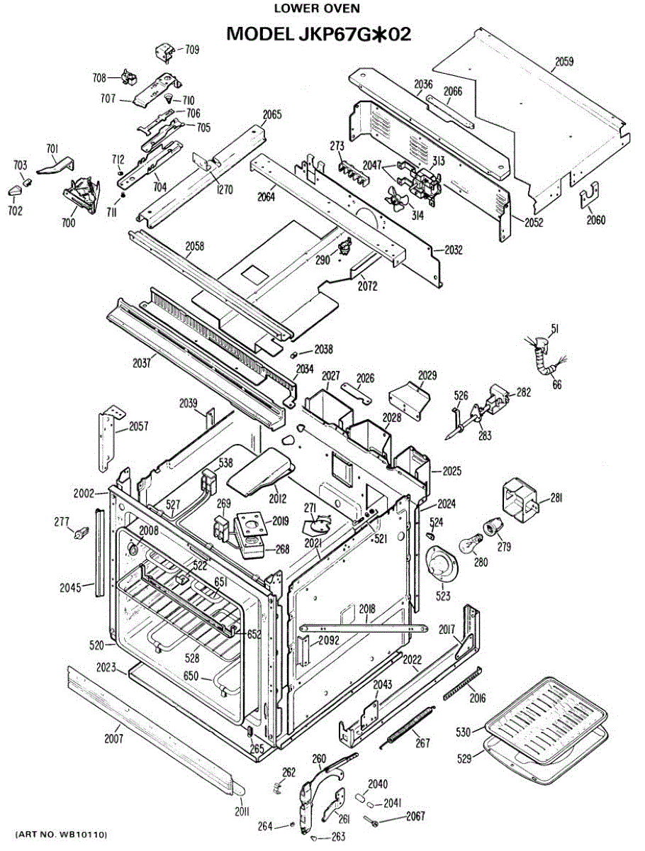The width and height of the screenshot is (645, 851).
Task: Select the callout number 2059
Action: (x=564, y=61)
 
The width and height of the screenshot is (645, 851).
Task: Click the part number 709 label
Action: (x=192, y=50)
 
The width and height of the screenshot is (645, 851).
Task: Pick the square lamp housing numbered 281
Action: (x=520, y=497)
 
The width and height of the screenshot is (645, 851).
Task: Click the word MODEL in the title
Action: (x=259, y=34)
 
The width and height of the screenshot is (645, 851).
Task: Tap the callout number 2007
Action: (x=113, y=739)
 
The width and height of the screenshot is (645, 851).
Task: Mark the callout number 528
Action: (x=192, y=658)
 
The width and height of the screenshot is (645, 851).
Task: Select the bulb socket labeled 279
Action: (x=493, y=527)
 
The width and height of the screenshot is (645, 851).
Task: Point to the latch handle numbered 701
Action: (x=55, y=165)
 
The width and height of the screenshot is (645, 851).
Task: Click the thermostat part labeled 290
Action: (x=344, y=246)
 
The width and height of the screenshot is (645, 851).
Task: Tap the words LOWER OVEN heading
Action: (x=317, y=9)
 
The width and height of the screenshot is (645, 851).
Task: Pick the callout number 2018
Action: (x=367, y=608)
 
